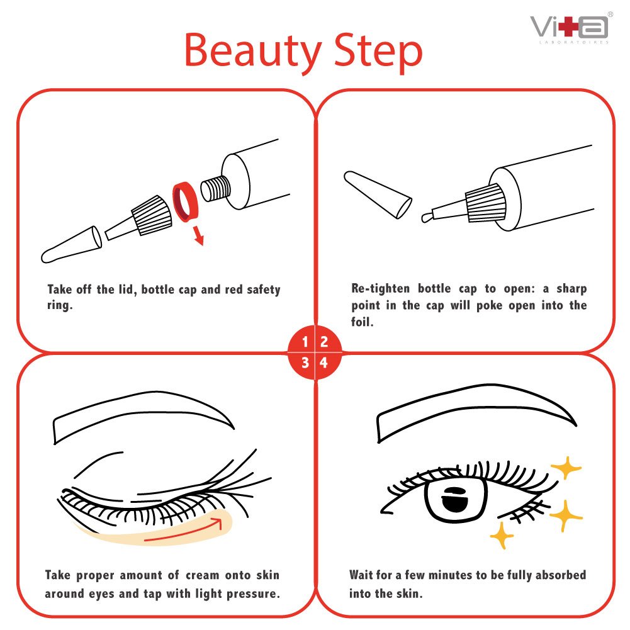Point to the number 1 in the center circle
click(305, 342)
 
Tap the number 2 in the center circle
click(324, 342)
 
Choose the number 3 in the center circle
click(305, 363)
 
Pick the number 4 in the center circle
click(324, 363)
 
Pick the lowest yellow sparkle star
click(502, 536)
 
